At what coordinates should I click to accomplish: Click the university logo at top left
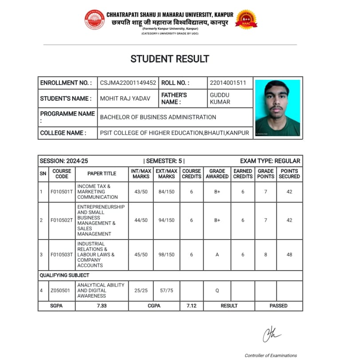94,20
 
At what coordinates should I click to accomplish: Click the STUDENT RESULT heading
170,59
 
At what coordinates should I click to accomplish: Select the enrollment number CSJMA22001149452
128,83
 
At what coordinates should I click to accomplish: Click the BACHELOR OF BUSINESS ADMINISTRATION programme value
158,117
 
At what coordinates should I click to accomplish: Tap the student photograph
278,108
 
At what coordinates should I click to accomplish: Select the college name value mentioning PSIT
175,133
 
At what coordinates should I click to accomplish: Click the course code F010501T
62,192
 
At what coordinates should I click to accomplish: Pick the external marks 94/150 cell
167,220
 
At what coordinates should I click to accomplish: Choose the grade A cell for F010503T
217,255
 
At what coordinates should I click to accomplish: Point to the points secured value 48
289,255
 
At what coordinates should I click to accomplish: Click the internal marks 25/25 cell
141,291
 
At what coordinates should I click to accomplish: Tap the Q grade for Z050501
217,291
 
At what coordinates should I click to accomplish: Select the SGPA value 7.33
102,306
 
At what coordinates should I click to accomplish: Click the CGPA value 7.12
191,306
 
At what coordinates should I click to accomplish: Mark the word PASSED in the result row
278,306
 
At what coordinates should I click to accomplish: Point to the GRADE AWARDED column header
217,173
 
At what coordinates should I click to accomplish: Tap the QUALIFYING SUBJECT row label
64,275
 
